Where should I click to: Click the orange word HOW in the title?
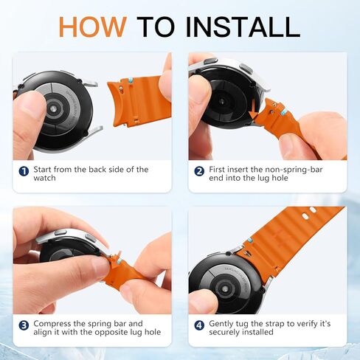click(x=93, y=27)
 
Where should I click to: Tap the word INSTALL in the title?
click(x=243, y=27)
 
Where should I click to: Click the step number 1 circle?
click(x=24, y=171)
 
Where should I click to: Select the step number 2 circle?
click(x=199, y=171)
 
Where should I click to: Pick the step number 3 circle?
click(x=24, y=325)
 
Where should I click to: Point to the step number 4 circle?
click(x=199, y=325)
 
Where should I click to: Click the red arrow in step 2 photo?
click(x=253, y=108)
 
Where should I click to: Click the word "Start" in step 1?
click(x=42, y=169)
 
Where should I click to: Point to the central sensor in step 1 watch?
click(x=53, y=108)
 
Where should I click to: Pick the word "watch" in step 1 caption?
click(x=44, y=178)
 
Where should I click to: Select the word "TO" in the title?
click(x=156, y=27)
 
